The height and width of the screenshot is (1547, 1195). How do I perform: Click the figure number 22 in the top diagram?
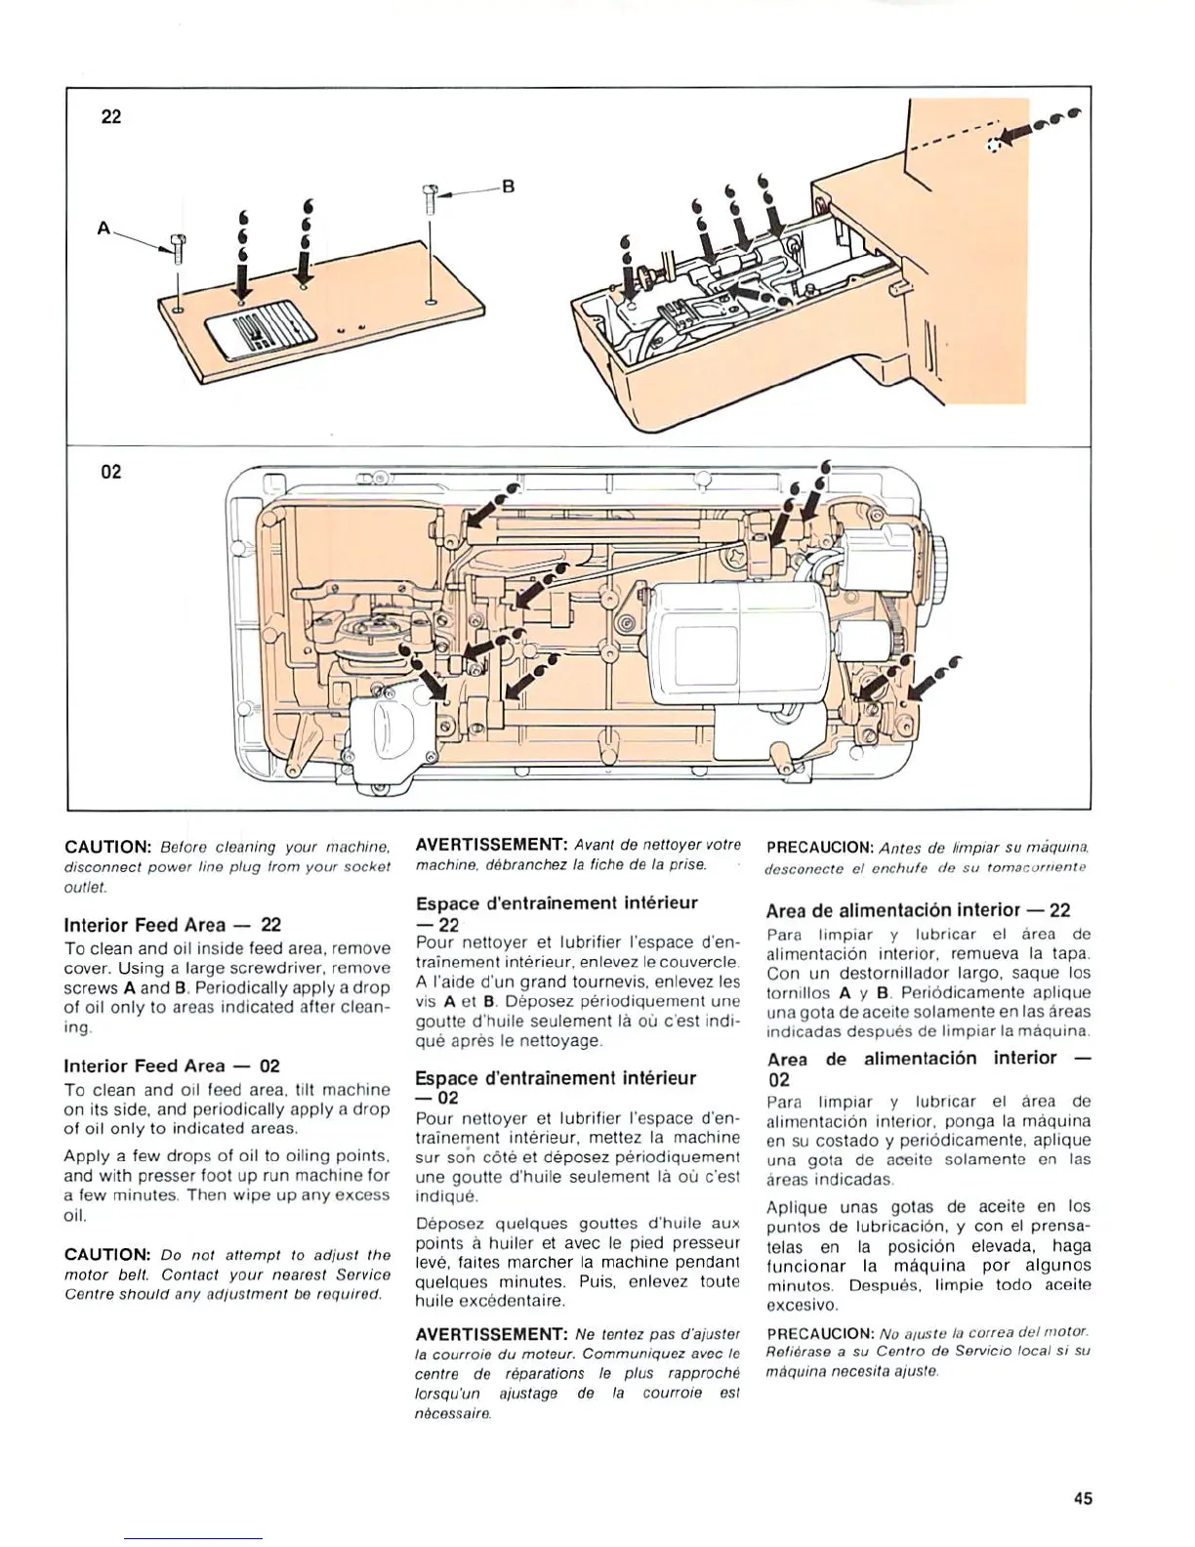click(111, 117)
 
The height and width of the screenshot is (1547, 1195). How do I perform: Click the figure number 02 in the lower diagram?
click(111, 472)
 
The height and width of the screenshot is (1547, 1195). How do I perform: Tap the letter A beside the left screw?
click(103, 229)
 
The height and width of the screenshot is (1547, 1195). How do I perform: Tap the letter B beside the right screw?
click(508, 187)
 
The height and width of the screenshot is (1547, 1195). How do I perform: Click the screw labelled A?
click(177, 248)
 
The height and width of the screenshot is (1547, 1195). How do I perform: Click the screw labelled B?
click(430, 199)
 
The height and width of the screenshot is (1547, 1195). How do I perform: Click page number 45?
click(1082, 1498)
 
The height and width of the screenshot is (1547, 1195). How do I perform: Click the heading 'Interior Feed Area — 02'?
click(172, 1066)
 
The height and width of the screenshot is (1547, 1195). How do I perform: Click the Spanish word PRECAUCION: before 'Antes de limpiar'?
click(819, 847)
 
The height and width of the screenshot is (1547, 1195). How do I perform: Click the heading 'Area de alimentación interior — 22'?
click(918, 910)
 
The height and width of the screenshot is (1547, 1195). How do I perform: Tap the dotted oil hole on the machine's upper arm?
click(995, 145)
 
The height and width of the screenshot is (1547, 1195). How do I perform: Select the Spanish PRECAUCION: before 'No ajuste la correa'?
click(819, 1333)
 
